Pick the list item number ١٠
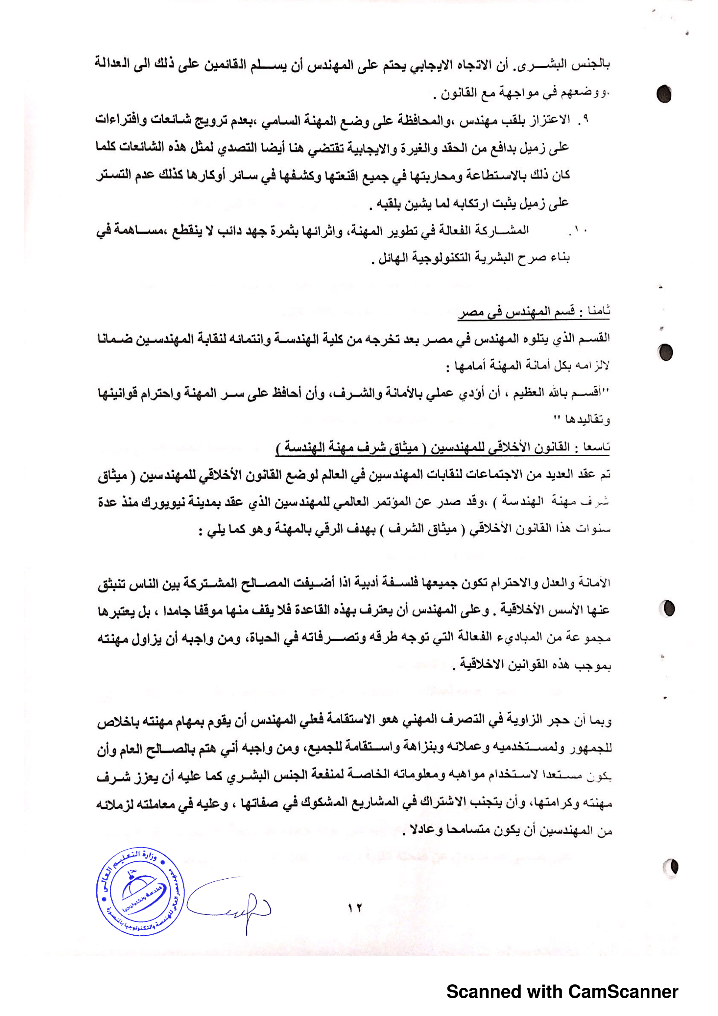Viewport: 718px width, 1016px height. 579,231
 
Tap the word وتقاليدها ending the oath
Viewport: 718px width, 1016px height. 589,420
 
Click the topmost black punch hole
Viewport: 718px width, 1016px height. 664,94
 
